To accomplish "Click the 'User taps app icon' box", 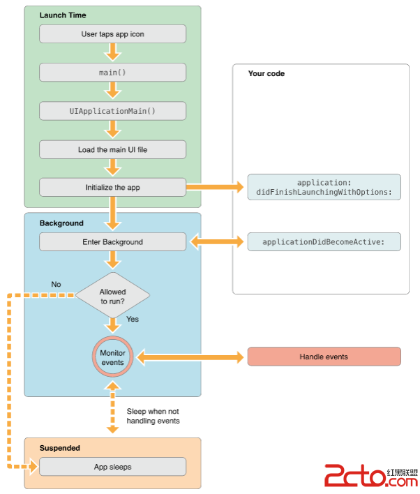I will click(112, 33).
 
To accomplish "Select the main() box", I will click(112, 72).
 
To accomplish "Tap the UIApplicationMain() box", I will click(112, 111).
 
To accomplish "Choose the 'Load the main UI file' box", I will click(112, 149).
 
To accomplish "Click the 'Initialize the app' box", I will click(112, 187).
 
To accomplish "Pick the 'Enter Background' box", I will click(112, 241).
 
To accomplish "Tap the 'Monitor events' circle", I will click(112, 357).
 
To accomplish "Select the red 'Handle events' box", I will click(324, 357).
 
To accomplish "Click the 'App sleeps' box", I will click(112, 467).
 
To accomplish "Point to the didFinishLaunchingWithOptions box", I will click(324, 187).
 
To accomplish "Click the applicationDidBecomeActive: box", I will click(324, 241).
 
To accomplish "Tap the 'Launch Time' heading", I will click(63, 15).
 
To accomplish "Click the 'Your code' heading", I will click(266, 73).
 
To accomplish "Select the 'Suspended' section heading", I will click(59, 448).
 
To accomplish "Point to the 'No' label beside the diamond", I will click(57, 284).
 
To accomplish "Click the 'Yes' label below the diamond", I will click(133, 320).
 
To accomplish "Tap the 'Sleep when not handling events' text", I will click(153, 416).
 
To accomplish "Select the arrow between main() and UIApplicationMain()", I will click(112, 91).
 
